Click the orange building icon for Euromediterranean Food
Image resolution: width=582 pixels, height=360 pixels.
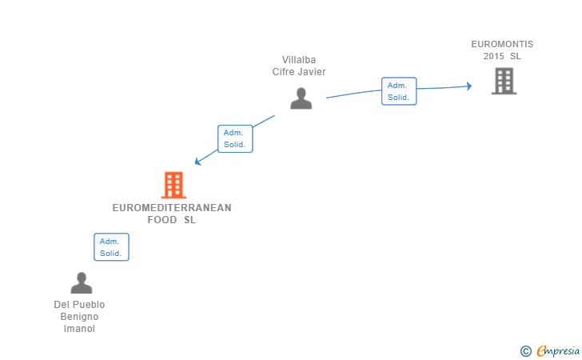coord(173,185)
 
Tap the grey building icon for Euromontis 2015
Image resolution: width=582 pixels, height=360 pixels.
coord(504,81)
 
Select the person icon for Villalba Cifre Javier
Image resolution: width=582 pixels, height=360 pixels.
coord(301,98)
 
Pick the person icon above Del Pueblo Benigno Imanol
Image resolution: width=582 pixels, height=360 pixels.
coord(82,283)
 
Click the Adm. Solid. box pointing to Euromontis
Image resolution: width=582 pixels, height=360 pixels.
coord(399,91)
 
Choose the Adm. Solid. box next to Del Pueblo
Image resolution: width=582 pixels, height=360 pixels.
coord(111,247)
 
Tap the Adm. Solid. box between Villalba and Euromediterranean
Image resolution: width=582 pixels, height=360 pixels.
coord(235,138)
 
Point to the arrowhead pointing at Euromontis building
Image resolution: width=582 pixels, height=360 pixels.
coord(469,86)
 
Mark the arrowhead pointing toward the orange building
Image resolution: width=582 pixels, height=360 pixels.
coord(197,162)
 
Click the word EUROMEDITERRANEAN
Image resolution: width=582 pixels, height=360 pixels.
coord(172,208)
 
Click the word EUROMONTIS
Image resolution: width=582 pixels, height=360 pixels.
coord(502,44)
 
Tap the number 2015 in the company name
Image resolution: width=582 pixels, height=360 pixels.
coord(494,56)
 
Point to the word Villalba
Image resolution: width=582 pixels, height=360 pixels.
coord(299,60)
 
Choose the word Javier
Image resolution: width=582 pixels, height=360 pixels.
coord(313,72)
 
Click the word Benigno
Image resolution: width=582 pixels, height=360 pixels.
coord(79,317)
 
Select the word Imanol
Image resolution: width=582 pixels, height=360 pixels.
coord(79,329)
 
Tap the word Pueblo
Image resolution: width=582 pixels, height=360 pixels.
coord(89,305)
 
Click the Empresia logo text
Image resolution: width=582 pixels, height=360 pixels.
coord(558,350)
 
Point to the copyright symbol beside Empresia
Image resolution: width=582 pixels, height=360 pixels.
coord(526,351)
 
